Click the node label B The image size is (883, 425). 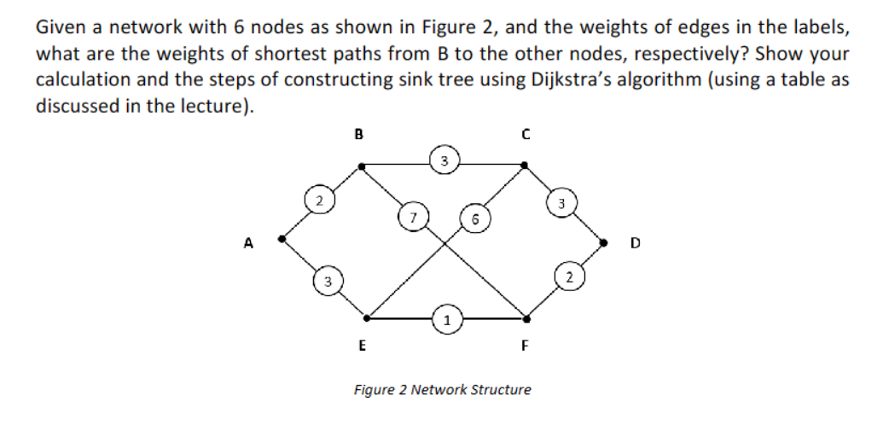[358, 133]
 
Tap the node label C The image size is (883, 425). [526, 133]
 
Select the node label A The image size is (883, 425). [248, 242]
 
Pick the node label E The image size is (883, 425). [362, 346]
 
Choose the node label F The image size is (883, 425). [526, 346]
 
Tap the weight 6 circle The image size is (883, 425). [473, 218]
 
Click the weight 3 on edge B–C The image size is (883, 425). [444, 159]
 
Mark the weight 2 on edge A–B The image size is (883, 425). [317, 202]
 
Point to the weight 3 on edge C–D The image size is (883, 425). [561, 203]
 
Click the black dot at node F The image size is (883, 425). [526, 318]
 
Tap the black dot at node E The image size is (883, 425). [368, 318]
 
